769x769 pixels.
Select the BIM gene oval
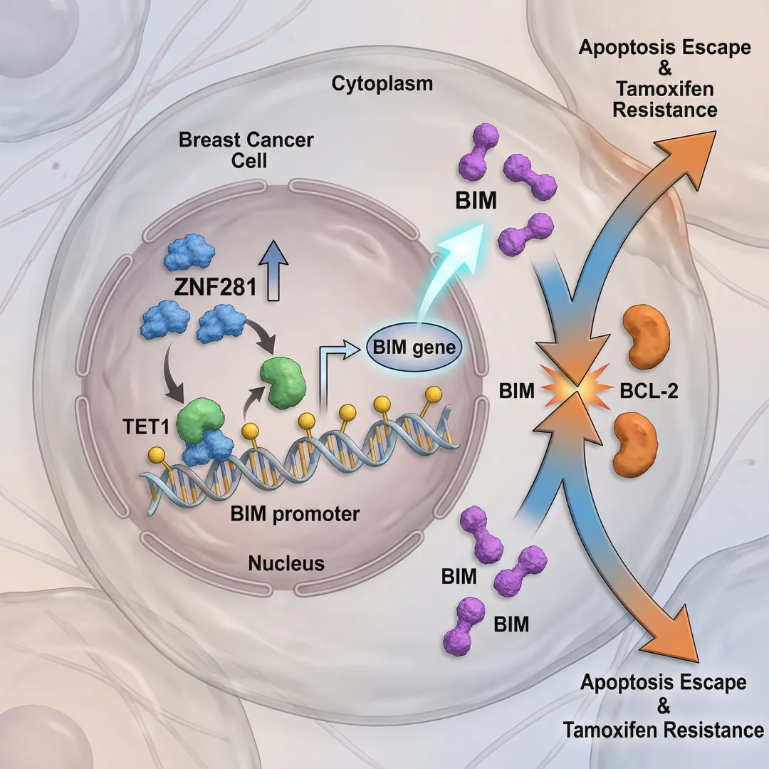click(414, 348)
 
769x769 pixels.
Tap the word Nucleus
click(286, 564)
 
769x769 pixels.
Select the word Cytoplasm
click(382, 84)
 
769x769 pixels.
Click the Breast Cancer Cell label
click(246, 150)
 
